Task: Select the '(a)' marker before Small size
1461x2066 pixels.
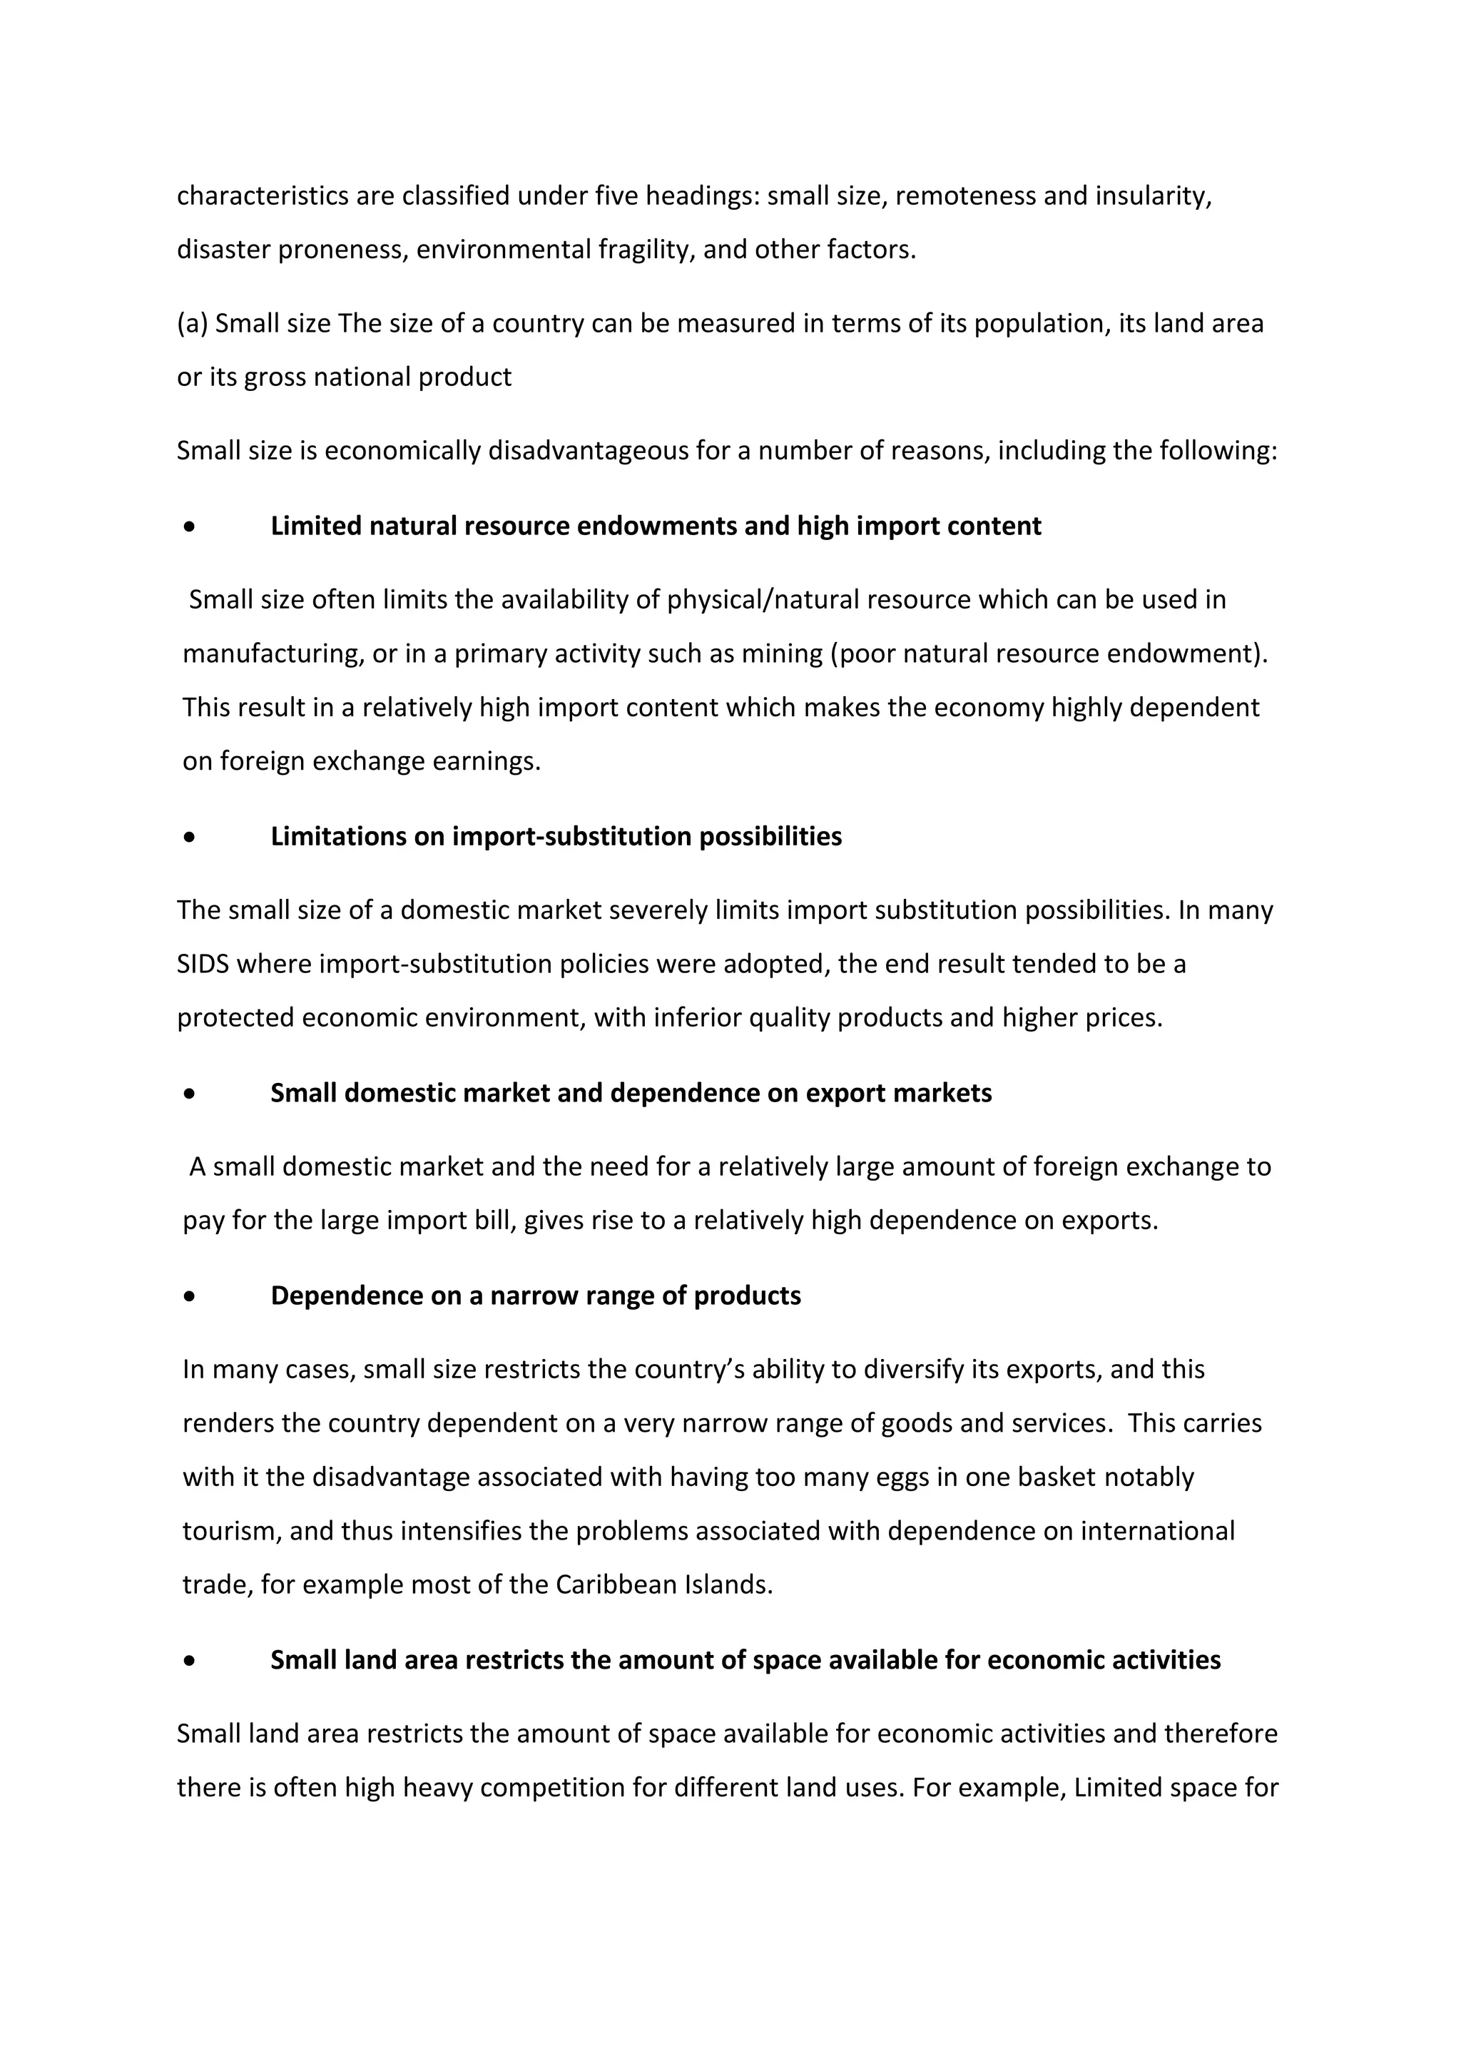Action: (x=192, y=323)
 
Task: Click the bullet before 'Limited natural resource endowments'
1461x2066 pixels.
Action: (x=188, y=526)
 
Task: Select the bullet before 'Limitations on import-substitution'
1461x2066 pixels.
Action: (x=188, y=837)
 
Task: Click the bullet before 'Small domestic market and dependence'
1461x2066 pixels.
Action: (x=188, y=1094)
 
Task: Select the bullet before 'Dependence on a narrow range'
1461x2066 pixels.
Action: (x=188, y=1296)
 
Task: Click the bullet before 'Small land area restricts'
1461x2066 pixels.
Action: (x=188, y=1660)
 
